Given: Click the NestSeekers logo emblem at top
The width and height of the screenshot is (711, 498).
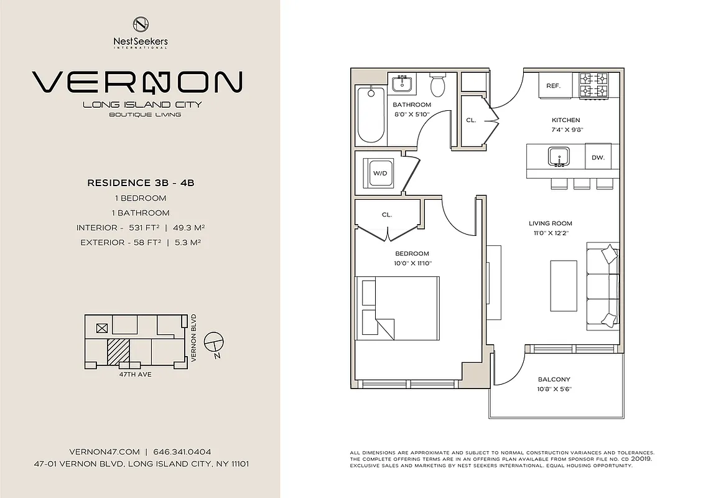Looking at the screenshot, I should click(x=141, y=24).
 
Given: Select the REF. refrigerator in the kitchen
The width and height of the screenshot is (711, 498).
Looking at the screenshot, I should click(x=554, y=86).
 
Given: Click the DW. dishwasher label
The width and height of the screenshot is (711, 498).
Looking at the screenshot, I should click(x=598, y=158).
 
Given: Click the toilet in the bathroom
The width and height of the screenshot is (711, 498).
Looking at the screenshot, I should click(x=439, y=85).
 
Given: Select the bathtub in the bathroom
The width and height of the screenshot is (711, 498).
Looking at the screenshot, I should click(x=371, y=114).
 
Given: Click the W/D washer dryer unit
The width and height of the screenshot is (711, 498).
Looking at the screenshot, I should click(x=379, y=172).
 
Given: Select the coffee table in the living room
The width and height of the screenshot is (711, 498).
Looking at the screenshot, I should click(x=563, y=284).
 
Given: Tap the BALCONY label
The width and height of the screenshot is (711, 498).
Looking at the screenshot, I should click(x=554, y=379).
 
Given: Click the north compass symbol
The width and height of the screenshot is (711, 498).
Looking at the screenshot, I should click(x=214, y=343).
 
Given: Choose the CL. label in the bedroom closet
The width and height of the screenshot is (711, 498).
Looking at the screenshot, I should click(x=386, y=214).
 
